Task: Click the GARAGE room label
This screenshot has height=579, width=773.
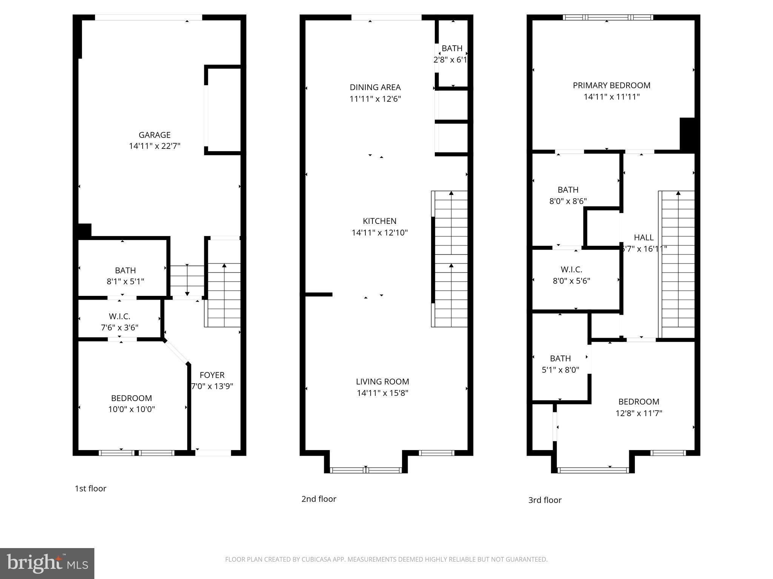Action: [x=154, y=135]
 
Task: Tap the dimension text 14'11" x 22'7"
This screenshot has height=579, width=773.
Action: [x=154, y=146]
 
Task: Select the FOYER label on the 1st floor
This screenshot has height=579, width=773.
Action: [x=212, y=375]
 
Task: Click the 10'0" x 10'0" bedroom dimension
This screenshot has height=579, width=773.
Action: [x=131, y=409]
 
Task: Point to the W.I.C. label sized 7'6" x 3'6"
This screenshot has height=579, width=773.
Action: [x=119, y=317]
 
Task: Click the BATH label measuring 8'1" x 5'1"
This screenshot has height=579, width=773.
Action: [x=125, y=270]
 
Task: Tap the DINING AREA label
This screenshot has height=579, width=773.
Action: [x=375, y=87]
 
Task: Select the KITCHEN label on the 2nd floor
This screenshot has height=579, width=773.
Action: [x=379, y=221]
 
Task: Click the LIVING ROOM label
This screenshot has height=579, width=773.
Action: [x=382, y=381]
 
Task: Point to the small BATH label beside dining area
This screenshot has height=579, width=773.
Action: [x=452, y=49]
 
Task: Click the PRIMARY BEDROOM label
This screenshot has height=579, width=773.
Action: [x=611, y=86]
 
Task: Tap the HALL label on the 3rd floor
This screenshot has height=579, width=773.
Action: [x=644, y=237]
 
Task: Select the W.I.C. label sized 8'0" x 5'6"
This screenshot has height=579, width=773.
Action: [x=571, y=270]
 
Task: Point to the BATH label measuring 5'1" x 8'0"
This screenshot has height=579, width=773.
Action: [x=560, y=358]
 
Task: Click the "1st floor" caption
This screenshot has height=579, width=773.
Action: [x=91, y=489]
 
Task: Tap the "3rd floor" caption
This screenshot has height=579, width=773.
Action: [x=545, y=500]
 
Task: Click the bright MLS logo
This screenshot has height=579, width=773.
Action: [x=47, y=564]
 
